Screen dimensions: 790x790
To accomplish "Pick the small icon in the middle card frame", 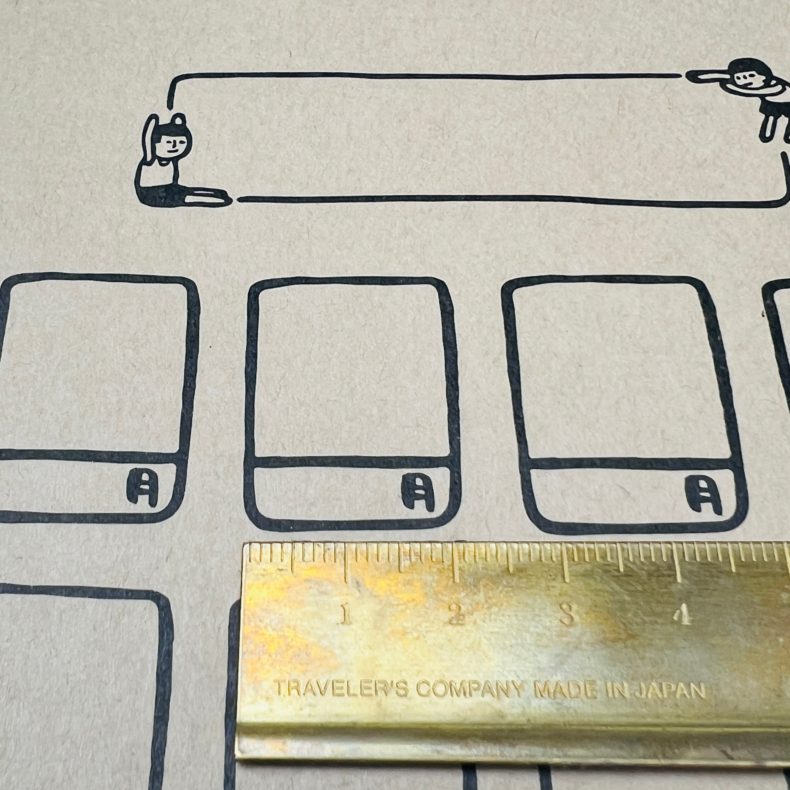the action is coord(417,491).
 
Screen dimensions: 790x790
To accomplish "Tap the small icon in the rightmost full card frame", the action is coord(703,495).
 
